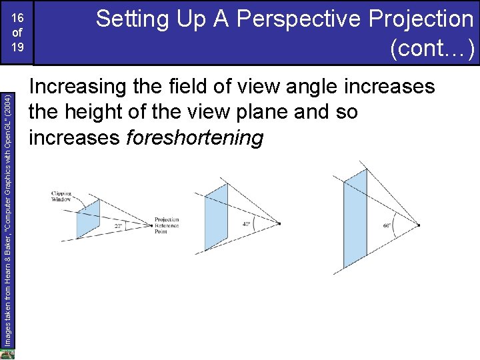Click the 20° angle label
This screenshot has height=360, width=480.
click(118, 227)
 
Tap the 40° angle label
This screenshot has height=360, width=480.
click(246, 224)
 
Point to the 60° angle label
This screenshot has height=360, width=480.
click(387, 225)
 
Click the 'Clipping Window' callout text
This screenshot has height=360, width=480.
click(61, 197)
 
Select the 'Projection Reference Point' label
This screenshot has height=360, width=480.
click(167, 225)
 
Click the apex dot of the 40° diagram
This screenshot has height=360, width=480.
click(280, 223)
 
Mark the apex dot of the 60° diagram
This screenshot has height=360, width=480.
click(419, 225)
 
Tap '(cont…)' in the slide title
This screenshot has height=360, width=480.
click(433, 48)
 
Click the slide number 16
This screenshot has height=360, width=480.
click(18, 19)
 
